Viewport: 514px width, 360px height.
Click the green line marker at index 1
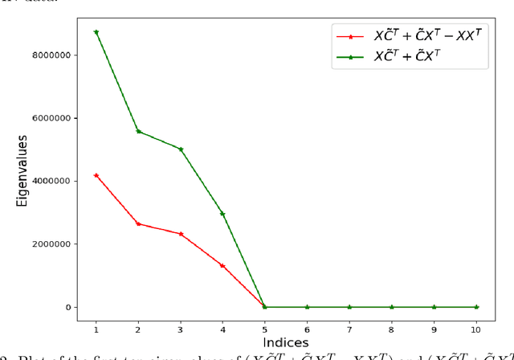pos(96,32)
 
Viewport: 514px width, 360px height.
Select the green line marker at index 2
pos(138,131)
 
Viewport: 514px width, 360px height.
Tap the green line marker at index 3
pos(181,149)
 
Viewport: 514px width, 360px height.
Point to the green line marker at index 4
pos(222,214)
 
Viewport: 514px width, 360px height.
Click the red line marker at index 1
pos(96,175)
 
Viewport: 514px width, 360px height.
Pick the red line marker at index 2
pos(138,223)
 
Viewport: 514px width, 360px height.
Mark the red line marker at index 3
pos(181,234)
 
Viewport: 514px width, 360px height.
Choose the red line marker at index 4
pos(222,266)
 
